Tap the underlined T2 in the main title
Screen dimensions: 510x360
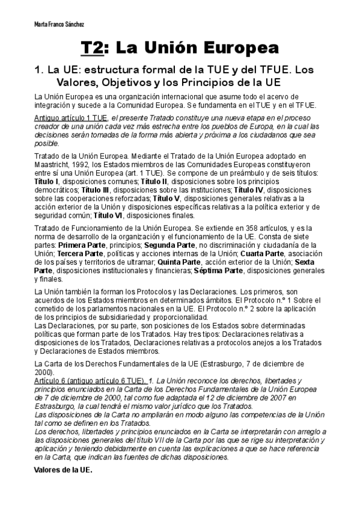pyautogui.click(x=94, y=48)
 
